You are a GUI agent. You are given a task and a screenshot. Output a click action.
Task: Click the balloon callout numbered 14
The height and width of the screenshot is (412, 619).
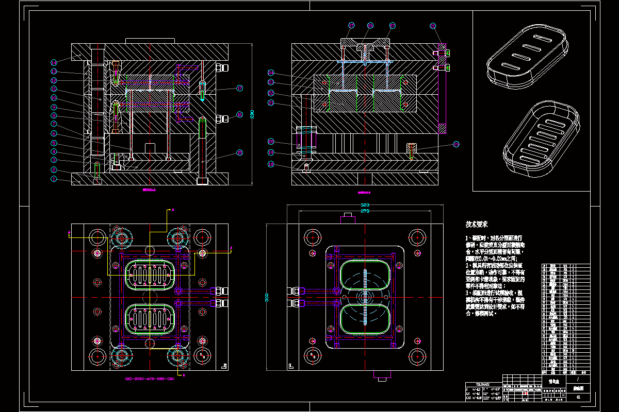pos(54,62)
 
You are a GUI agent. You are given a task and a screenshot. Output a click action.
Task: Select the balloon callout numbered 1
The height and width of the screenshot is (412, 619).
pos(54,179)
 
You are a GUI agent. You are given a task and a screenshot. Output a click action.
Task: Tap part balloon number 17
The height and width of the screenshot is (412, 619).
pos(239,88)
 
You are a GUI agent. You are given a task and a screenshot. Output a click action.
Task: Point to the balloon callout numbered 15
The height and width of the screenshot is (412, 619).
pos(239,152)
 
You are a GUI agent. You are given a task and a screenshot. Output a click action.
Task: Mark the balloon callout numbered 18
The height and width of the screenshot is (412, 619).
pos(271,164)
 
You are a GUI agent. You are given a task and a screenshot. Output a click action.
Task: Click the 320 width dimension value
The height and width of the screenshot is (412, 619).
pos(365,205)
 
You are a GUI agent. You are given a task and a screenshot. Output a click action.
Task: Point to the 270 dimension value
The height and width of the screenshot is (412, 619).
pos(365,211)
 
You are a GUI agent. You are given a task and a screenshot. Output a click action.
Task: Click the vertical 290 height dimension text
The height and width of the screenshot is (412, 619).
pos(252,114)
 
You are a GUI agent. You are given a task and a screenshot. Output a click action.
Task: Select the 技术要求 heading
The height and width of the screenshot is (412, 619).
pos(477,225)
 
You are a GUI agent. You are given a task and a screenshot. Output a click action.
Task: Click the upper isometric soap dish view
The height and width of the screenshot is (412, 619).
pos(527,56)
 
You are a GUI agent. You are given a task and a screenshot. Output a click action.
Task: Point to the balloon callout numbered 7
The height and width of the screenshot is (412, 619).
pos(54,124)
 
